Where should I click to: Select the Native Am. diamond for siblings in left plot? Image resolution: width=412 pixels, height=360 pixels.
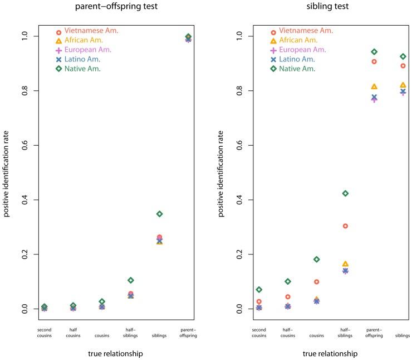(x=159, y=214)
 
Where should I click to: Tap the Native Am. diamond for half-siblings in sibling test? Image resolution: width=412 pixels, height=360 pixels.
(x=345, y=193)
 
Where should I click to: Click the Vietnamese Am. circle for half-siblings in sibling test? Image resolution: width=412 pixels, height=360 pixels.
(x=345, y=226)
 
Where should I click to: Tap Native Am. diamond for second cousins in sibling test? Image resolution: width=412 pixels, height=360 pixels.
(x=258, y=290)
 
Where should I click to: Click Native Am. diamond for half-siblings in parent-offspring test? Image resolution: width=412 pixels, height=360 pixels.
(x=130, y=280)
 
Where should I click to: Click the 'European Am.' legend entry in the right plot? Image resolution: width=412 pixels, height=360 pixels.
(x=298, y=50)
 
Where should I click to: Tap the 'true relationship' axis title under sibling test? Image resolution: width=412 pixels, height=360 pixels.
(x=331, y=353)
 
